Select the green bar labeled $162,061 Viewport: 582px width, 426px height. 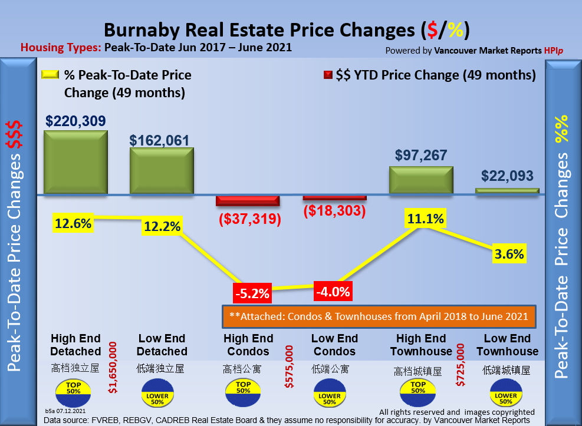click(162, 170)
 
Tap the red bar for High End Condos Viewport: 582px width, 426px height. click(248, 200)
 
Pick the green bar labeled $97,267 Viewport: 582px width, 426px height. click(421, 180)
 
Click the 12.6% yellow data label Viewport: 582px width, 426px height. click(73, 223)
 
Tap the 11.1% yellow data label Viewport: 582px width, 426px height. click(424, 219)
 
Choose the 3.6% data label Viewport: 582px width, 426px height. click(509, 255)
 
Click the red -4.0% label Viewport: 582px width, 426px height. click(333, 291)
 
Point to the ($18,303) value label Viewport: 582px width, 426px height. click(334, 210)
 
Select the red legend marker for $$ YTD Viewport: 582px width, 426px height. click(328, 75)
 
